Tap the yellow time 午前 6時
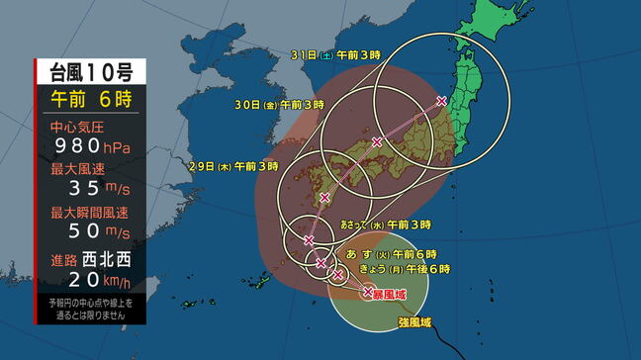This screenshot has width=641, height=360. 90,100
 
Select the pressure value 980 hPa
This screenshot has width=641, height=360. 90,148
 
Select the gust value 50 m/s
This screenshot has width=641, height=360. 90,231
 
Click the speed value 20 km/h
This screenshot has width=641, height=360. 90,283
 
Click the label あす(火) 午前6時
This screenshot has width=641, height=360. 403,254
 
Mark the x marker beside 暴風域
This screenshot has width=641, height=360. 368,292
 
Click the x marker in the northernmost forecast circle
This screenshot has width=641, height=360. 441,101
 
